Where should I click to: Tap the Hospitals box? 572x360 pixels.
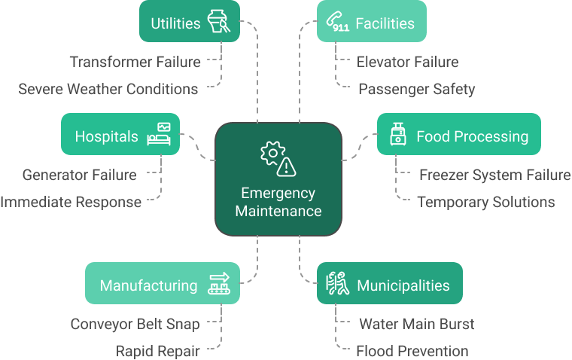[120, 136]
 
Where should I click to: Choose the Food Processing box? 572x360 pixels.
[458, 135]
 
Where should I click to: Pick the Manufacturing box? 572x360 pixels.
[163, 284]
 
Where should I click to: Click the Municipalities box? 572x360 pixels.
[389, 284]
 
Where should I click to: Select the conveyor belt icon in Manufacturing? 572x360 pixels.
[219, 284]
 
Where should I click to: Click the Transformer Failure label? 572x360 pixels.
[135, 62]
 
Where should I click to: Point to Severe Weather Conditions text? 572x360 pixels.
[108, 89]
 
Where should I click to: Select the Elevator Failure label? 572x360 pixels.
[407, 62]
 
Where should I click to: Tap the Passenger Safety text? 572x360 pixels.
[416, 89]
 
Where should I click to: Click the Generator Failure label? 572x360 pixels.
[80, 175]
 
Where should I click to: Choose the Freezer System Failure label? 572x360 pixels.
[494, 175]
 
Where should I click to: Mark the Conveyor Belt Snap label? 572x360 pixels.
[135, 324]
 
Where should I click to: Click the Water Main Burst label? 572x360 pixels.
[416, 324]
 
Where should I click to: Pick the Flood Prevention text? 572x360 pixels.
[412, 351]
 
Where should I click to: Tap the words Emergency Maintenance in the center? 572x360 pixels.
[278, 202]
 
